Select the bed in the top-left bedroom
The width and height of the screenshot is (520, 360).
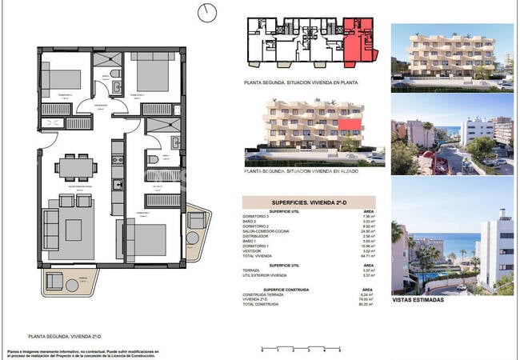point(61,79)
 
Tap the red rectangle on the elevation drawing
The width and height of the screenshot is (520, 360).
point(348,125)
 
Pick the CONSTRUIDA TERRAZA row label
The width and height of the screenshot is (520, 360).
point(263,294)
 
